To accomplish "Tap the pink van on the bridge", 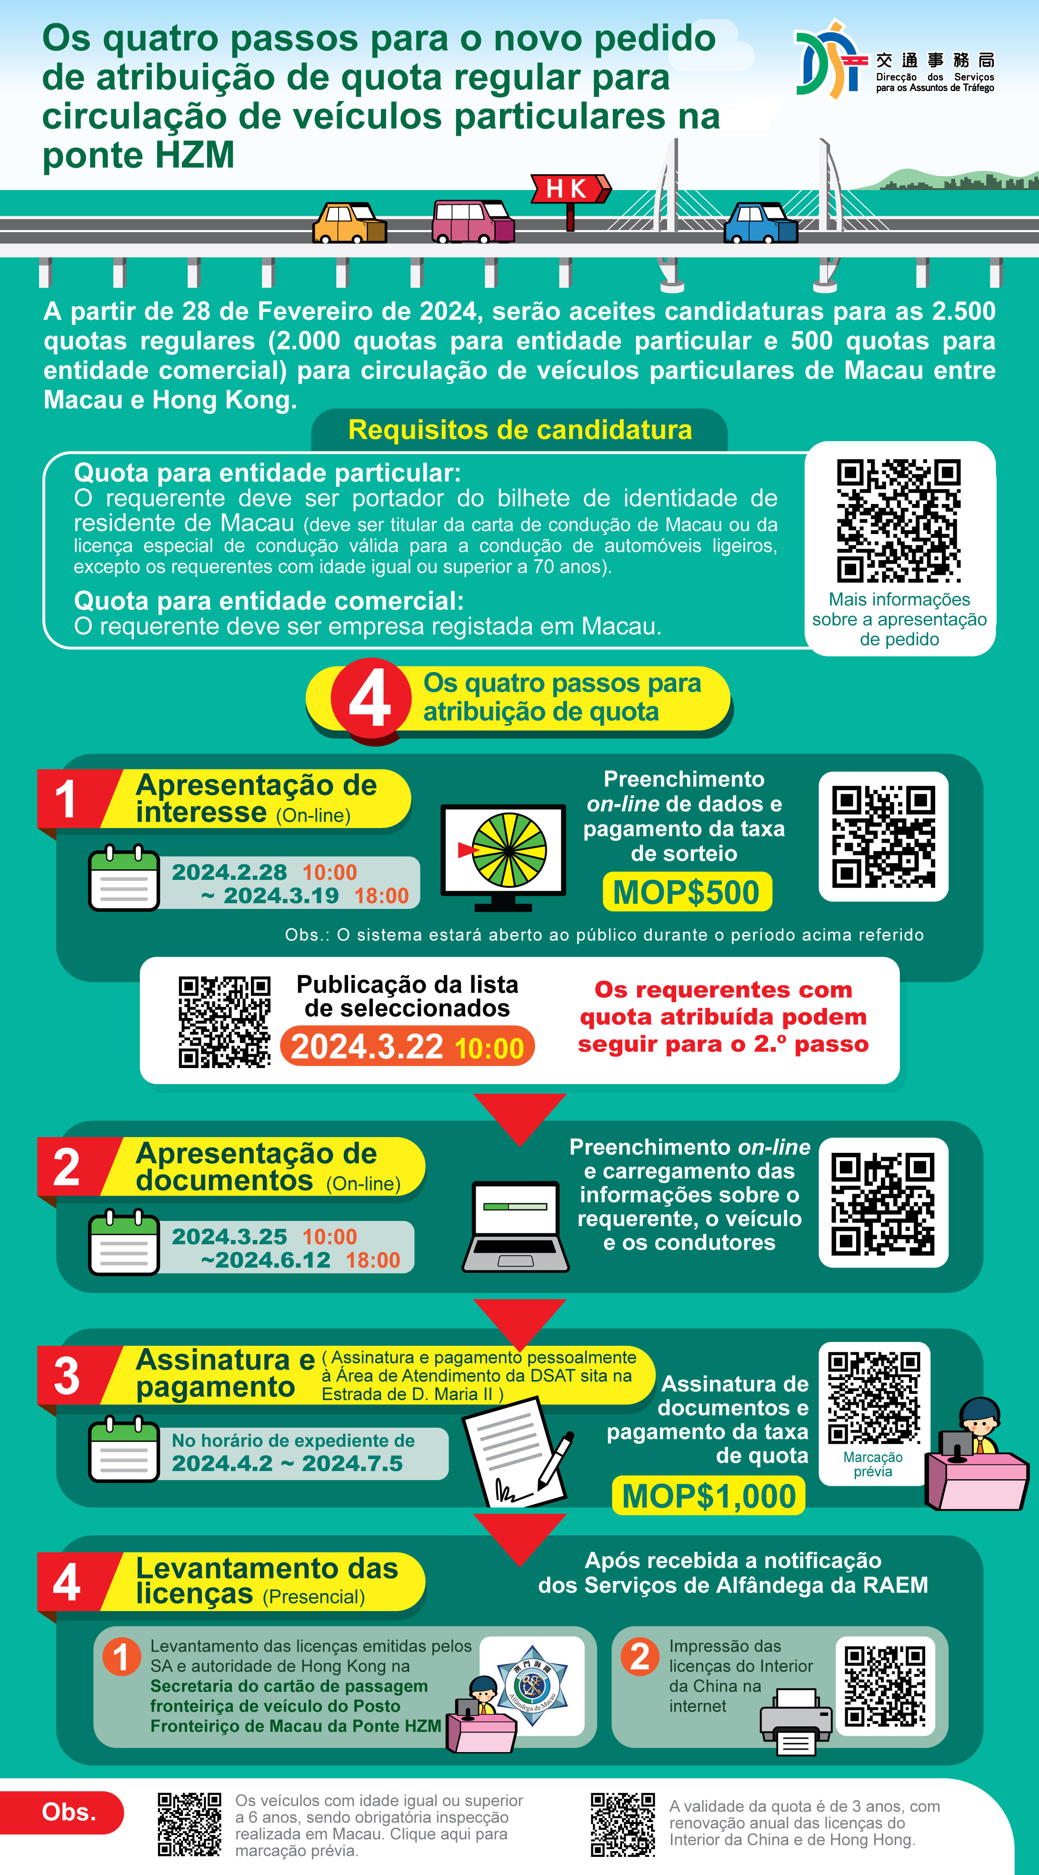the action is click(x=473, y=221).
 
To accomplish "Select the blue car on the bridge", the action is click(x=760, y=223).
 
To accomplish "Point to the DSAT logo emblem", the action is click(x=829, y=60).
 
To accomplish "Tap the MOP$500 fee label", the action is click(x=687, y=892).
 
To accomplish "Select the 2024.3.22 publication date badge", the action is click(x=408, y=1047).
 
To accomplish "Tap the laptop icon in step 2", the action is click(x=515, y=1227).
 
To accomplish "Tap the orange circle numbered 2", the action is click(x=639, y=1657).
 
